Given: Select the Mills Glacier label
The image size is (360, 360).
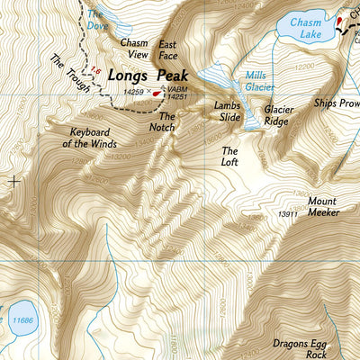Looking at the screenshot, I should (261, 81).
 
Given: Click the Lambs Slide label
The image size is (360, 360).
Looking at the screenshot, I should (228, 112).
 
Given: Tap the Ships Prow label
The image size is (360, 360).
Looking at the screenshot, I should (336, 103).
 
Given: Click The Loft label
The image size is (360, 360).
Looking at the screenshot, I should (229, 157).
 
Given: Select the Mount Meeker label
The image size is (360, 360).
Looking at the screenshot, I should (321, 207).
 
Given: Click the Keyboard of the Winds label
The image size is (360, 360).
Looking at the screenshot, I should (94, 137).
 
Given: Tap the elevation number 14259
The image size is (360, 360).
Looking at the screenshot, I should (133, 93).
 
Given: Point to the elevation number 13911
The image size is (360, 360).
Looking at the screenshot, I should (287, 214).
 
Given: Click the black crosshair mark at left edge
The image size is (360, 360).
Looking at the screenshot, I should (13, 181).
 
